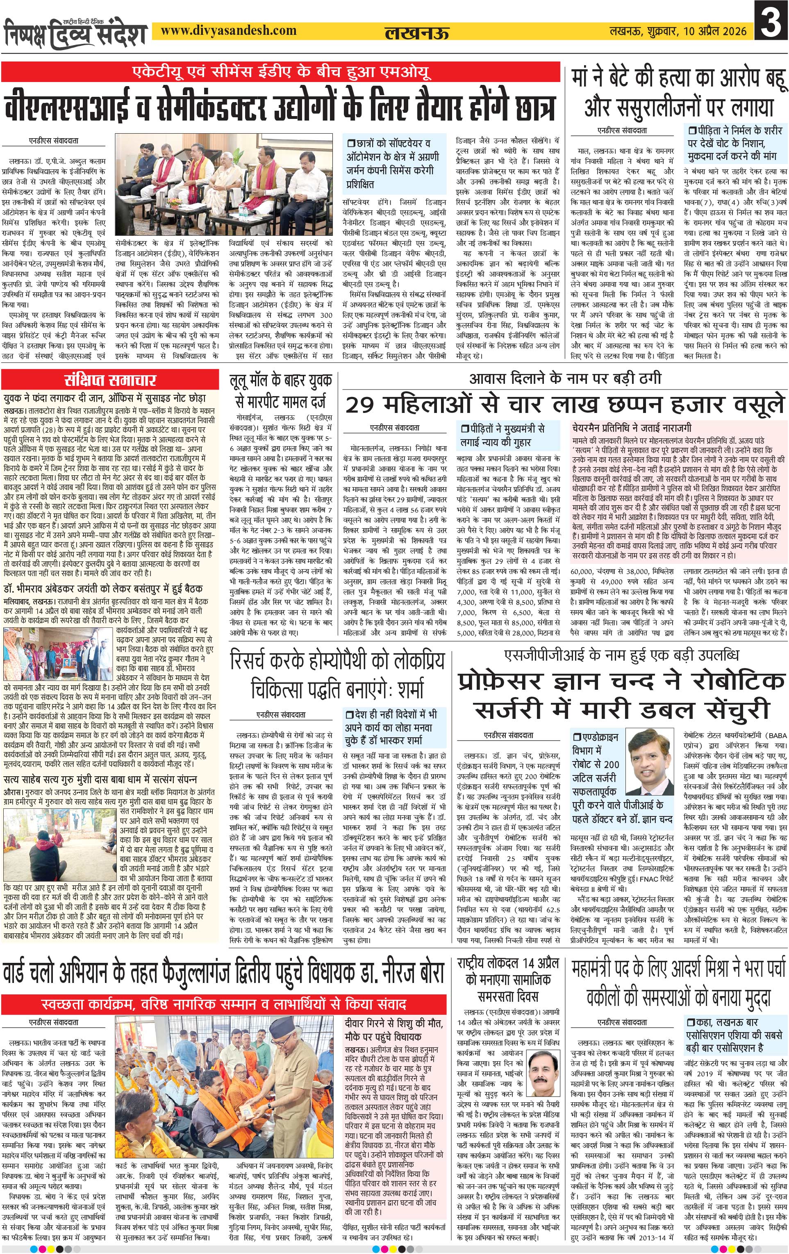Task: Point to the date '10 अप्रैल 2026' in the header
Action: point(713,31)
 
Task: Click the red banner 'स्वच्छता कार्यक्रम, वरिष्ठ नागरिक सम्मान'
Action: point(225,1003)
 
